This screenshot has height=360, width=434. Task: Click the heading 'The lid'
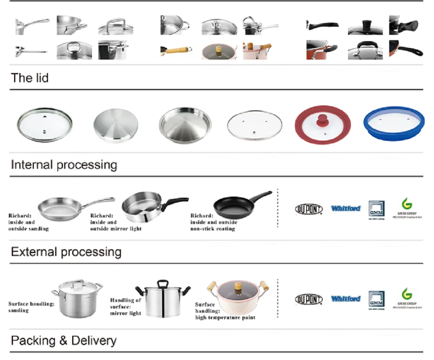coord(29,77)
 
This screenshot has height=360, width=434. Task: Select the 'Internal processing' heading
coord(64,165)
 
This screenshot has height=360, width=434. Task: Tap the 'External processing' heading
coord(66,252)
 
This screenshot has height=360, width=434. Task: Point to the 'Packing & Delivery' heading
coord(63,341)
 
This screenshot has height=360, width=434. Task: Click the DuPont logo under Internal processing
coord(309,209)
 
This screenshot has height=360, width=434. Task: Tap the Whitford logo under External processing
coord(346,299)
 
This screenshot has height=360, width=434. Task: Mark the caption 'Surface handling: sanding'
coord(31,307)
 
